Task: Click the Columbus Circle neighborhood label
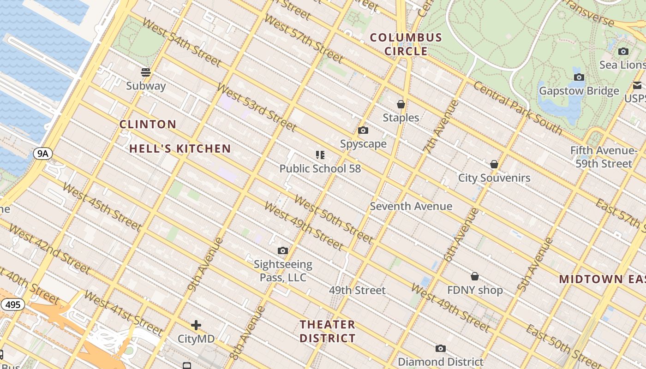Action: click(406, 44)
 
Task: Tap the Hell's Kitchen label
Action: click(180, 149)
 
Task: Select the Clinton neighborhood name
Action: click(148, 124)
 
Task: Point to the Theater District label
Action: click(328, 331)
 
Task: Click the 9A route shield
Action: click(42, 154)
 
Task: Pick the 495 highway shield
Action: click(12, 304)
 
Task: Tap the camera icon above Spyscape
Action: click(363, 131)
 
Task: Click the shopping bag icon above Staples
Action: click(401, 105)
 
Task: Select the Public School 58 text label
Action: click(320, 168)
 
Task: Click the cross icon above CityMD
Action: click(196, 325)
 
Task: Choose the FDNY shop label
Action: click(475, 290)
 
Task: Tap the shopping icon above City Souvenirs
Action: click(494, 164)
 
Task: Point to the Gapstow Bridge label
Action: click(579, 91)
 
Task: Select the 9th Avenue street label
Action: click(205, 265)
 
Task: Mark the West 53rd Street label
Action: click(256, 107)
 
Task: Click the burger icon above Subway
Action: click(146, 72)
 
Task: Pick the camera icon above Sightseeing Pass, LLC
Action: click(283, 251)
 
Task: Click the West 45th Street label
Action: click(101, 206)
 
